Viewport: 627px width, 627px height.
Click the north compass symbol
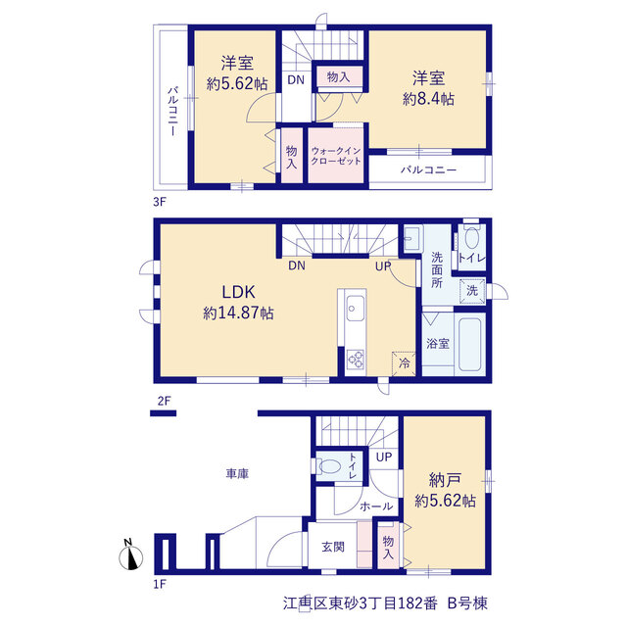pos(131,556)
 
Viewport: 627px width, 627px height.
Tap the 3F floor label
pos(159,202)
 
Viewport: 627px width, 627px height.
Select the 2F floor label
pos(164,401)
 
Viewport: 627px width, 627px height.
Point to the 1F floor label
pos(159,584)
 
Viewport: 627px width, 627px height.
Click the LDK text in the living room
pos(238,292)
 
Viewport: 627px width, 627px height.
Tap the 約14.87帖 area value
pos(238,313)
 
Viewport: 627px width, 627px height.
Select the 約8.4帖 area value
pos(428,99)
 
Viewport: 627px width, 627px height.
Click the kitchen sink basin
pos(355,309)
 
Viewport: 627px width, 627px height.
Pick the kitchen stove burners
pos(355,359)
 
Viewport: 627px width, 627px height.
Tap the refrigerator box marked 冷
pos(404,363)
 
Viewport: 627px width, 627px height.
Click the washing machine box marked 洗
pos(472,291)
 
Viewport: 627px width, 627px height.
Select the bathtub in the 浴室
pos(469,344)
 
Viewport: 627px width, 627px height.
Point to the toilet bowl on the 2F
pos(472,238)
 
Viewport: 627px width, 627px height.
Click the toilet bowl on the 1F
pos(330,466)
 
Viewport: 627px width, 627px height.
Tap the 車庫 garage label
pos(237,474)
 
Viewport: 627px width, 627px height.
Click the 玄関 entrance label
pos(333,547)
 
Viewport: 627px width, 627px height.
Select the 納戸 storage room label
pos(445,480)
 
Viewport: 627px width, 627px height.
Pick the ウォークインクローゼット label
pos(336,156)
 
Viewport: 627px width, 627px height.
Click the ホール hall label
pos(376,506)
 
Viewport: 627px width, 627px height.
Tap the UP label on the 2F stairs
pos(383,265)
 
